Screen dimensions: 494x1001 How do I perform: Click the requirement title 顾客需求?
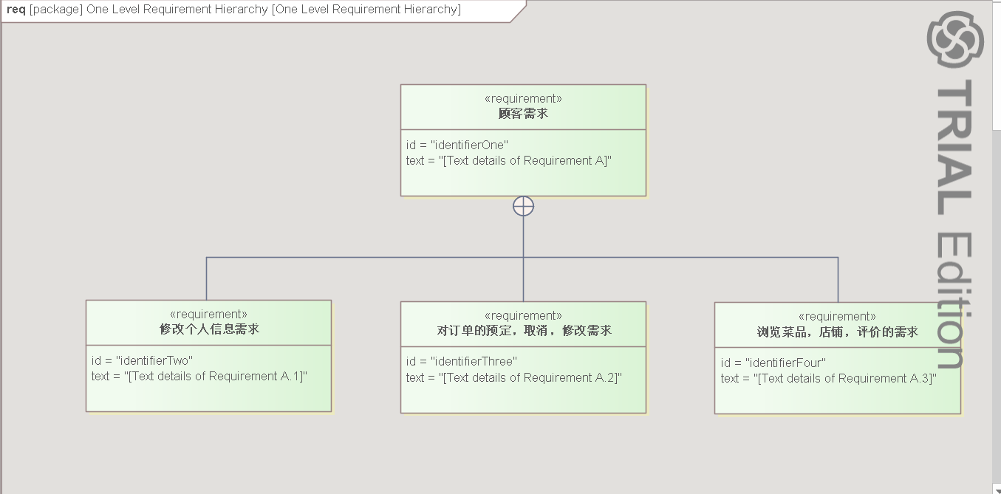(x=523, y=114)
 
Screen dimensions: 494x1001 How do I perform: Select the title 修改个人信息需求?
(x=209, y=329)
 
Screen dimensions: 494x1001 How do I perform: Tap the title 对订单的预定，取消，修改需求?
(x=524, y=331)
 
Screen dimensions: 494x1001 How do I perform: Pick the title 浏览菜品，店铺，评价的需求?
(x=837, y=332)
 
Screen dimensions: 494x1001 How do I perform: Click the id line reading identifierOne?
(x=457, y=145)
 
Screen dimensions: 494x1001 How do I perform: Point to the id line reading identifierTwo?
(x=142, y=360)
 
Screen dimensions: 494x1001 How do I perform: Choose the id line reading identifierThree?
(x=462, y=362)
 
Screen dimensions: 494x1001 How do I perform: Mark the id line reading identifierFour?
(x=773, y=363)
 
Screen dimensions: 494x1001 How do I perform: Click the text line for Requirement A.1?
(x=199, y=376)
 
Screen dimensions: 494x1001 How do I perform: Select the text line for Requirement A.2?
(x=514, y=377)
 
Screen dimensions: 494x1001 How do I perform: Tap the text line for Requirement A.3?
(x=828, y=378)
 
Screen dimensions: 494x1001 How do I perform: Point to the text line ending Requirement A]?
(x=509, y=160)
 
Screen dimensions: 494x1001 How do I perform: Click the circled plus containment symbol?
(x=523, y=207)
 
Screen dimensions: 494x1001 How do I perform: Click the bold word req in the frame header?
(x=16, y=10)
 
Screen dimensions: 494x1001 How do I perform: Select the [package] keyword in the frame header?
(x=56, y=10)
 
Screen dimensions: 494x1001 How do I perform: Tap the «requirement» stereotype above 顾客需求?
(x=523, y=99)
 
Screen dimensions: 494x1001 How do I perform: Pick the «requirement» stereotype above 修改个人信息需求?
(x=208, y=315)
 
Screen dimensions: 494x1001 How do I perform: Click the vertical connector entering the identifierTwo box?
(x=206, y=278)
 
